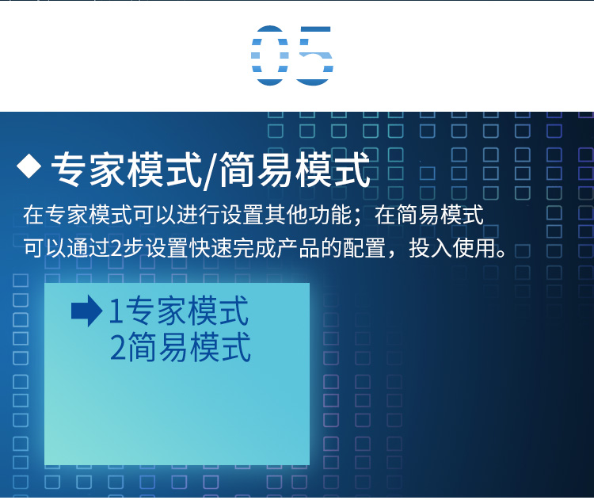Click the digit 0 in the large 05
pyautogui.click(x=270, y=55)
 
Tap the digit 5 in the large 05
pyautogui.click(x=314, y=55)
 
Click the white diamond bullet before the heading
pyautogui.click(x=29, y=166)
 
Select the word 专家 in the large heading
pyautogui.click(x=89, y=170)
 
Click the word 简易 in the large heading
pyautogui.click(x=257, y=170)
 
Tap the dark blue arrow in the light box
pyautogui.click(x=87, y=311)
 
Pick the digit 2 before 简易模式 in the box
pyautogui.click(x=118, y=347)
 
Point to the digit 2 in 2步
pyautogui.click(x=116, y=249)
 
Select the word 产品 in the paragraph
pyautogui.click(x=299, y=248)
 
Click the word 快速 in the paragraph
pyautogui.click(x=211, y=248)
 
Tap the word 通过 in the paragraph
pyautogui.click(x=89, y=248)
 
